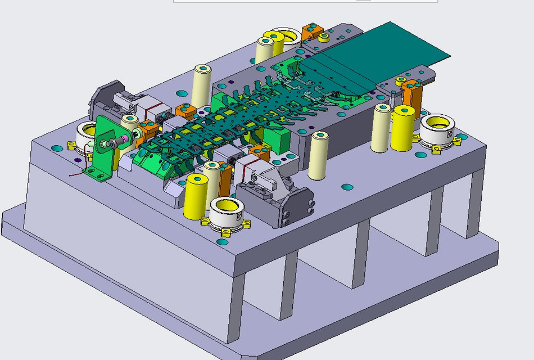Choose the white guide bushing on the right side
437,130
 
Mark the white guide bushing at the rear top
284,40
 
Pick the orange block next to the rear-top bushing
310,31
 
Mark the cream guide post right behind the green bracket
130,127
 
